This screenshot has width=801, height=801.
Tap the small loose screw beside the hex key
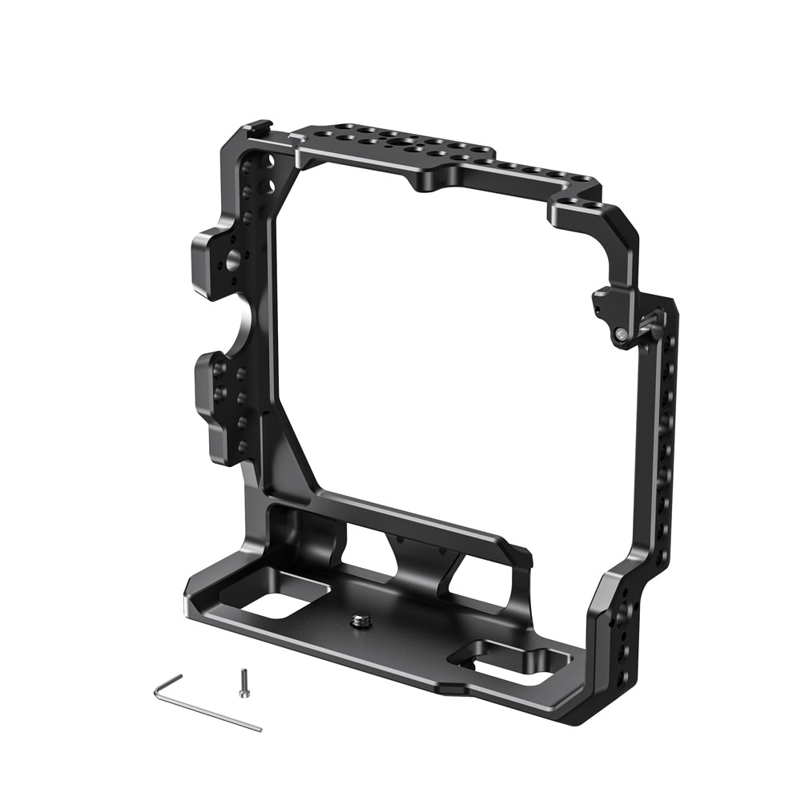(x=244, y=682)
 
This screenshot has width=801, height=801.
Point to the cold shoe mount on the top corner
(x=257, y=128)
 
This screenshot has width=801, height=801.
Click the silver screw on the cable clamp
(x=621, y=331)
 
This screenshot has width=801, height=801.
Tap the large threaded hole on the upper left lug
(x=231, y=259)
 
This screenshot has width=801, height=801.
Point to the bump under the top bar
(x=429, y=182)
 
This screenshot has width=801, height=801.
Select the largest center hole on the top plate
(x=398, y=140)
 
